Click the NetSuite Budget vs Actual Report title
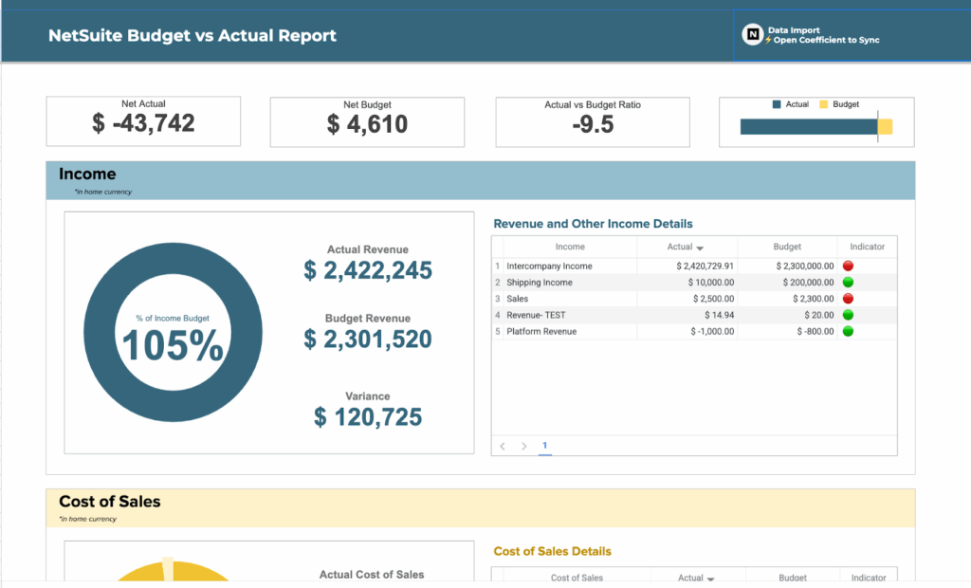click(192, 36)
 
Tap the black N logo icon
click(753, 35)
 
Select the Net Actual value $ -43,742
click(143, 123)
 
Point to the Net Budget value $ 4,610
click(367, 124)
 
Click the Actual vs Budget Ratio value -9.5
click(593, 124)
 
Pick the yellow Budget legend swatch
click(823, 104)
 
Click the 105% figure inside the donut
click(173, 347)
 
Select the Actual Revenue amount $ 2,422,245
click(368, 270)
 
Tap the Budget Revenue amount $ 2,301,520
click(368, 339)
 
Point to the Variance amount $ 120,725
click(368, 416)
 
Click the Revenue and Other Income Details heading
click(593, 224)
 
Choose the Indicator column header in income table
click(867, 247)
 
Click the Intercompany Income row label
click(549, 266)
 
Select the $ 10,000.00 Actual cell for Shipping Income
click(711, 283)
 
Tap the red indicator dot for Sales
click(848, 299)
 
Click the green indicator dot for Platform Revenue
click(848, 331)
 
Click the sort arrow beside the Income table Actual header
click(700, 248)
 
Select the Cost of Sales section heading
click(109, 502)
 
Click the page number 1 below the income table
click(545, 445)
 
